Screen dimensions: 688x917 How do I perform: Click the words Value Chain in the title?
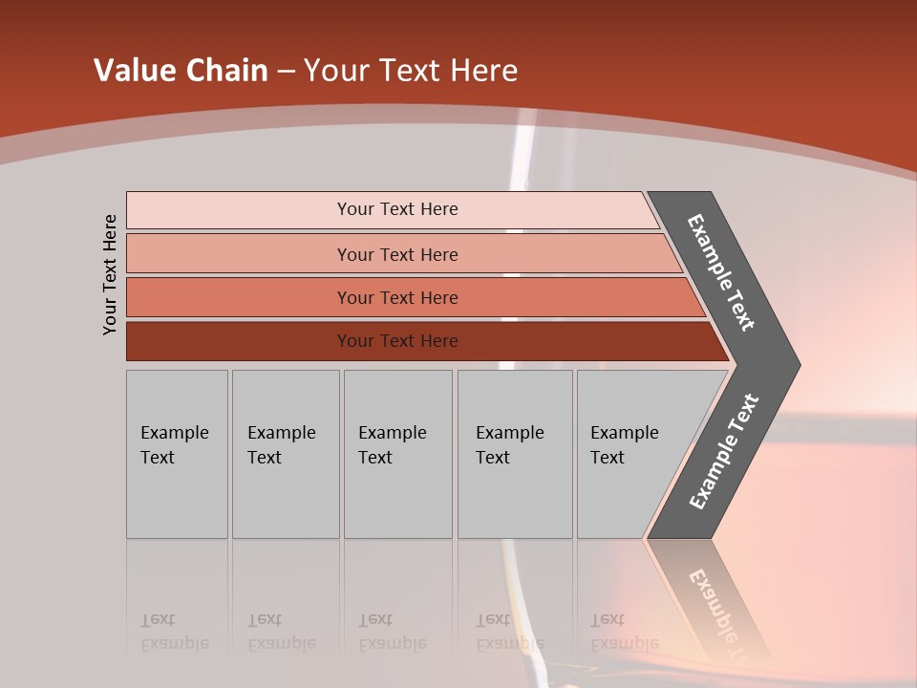click(181, 71)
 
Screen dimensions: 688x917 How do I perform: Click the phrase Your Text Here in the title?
click(410, 71)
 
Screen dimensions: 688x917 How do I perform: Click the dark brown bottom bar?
click(239, 341)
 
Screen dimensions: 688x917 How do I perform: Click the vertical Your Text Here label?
click(110, 274)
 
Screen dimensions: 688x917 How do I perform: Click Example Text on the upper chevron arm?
click(721, 272)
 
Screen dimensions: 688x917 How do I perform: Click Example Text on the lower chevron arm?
click(724, 452)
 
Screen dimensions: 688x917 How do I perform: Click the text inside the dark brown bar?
click(397, 341)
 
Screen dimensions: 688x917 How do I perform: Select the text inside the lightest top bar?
click(397, 209)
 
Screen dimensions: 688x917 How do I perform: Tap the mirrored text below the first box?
click(174, 632)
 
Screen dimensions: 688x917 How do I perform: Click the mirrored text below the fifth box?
click(624, 632)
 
